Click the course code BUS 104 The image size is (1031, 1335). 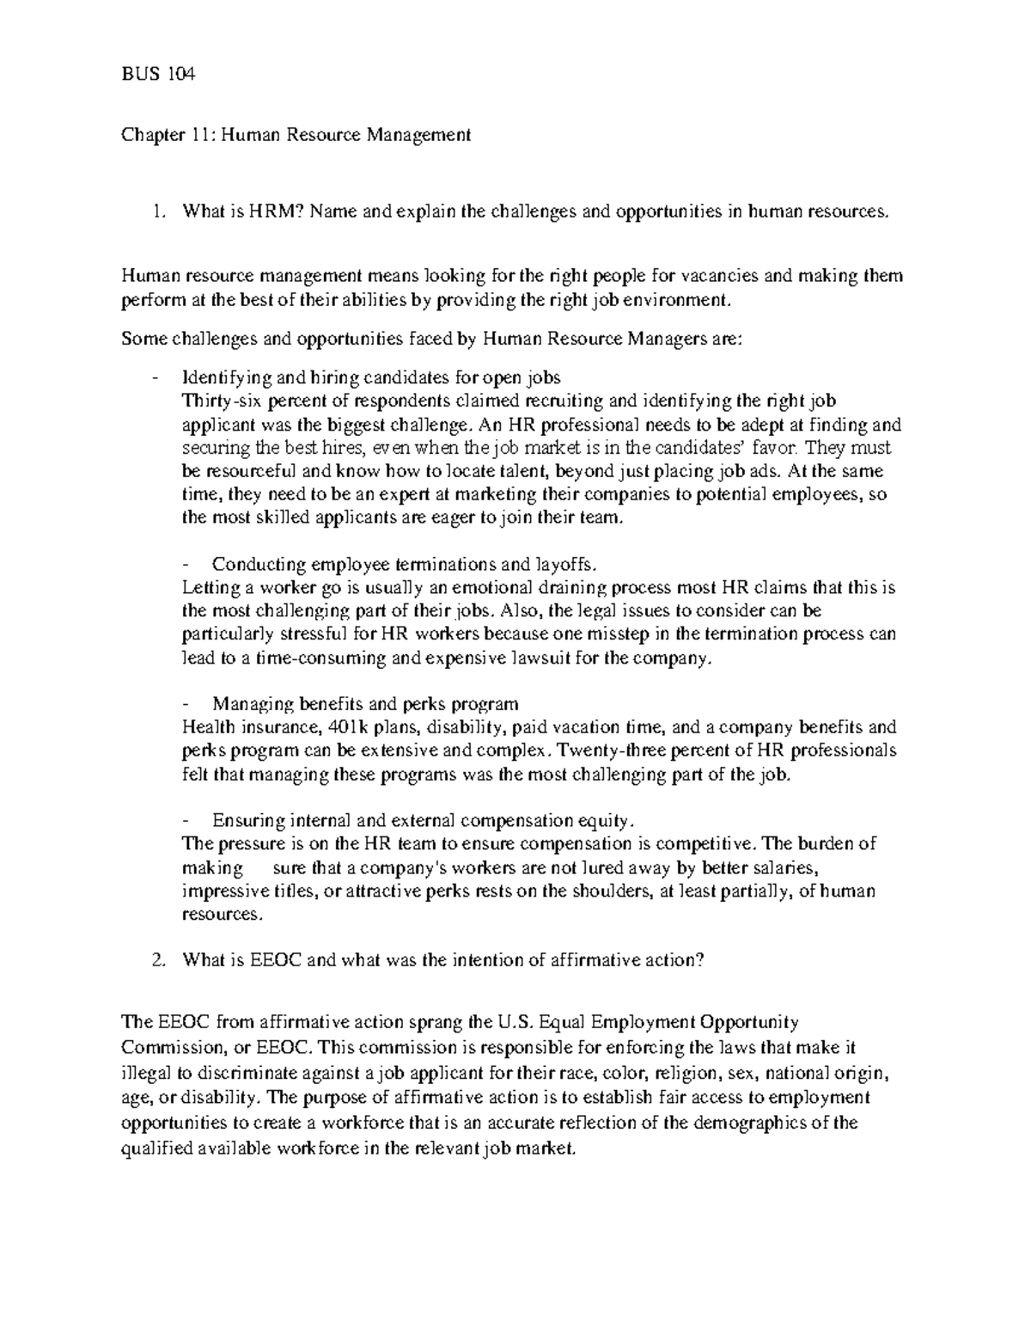coord(158,75)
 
